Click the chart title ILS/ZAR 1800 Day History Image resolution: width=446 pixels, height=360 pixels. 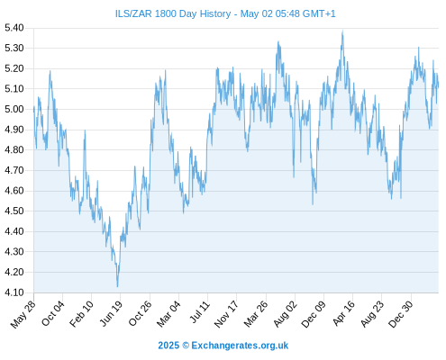coord(173,13)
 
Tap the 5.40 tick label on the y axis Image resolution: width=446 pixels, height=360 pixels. coord(14,28)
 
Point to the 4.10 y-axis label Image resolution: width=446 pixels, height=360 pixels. coord(14,292)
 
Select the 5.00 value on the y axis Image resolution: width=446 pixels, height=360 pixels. coord(14,109)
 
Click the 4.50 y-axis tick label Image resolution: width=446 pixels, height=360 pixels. coord(14,211)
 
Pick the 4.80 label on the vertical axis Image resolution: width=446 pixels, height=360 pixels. coord(14,150)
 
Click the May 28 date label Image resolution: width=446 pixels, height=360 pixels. coord(23,314)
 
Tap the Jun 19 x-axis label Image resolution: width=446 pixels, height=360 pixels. coord(111,314)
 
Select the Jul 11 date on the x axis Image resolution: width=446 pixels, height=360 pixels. coord(199,312)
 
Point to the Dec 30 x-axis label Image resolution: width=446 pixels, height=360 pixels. coord(400,314)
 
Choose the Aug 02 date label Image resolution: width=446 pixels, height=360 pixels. coord(285,314)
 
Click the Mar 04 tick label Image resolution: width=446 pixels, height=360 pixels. coord(168,314)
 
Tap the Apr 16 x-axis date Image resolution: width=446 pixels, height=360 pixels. coord(343,314)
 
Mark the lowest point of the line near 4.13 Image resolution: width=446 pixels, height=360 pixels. coord(117,286)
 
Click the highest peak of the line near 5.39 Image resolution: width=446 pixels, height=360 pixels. coord(342,31)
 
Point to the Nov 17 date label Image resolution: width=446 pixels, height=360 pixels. coord(226,314)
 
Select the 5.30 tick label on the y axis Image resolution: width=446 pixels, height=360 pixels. coord(14,48)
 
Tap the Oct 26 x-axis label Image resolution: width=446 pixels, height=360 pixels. coord(141,314)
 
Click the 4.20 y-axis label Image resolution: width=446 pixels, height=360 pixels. coord(14,272)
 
